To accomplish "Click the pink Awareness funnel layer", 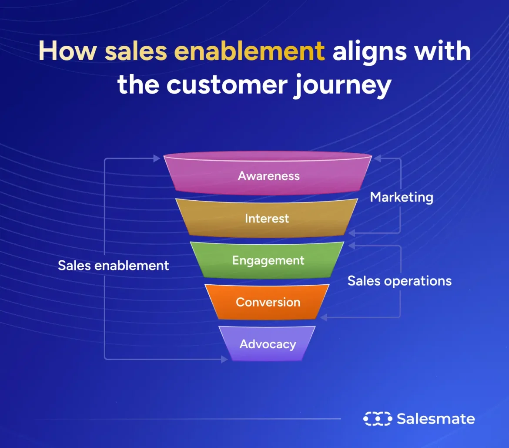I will coord(268,176).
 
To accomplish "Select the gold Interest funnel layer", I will coord(267,218).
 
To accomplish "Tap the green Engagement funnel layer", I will coord(268,260).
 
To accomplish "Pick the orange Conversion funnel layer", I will coord(268,302).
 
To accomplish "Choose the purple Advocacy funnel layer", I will coord(268,344).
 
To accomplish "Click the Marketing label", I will coord(402,197).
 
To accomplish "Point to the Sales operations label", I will coord(399,281).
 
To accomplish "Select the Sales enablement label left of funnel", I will coord(113,266).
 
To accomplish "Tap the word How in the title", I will coord(67,51).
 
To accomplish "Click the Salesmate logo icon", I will coord(377,419).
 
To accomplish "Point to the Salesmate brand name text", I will coord(435,419).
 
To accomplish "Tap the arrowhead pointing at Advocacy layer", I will coord(224,359).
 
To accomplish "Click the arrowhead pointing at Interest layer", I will coord(352,233).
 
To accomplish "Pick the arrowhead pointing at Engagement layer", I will coord(352,246).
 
